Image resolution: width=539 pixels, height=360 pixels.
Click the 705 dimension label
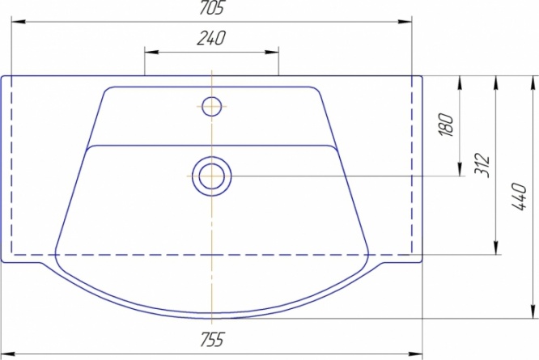(212, 7)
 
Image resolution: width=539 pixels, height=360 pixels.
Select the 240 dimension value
(211, 38)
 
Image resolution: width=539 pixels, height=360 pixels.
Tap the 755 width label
(212, 339)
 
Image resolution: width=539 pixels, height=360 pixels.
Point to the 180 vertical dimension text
(447, 125)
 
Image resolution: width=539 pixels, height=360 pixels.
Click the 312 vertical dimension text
(482, 165)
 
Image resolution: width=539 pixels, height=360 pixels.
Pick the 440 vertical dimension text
(519, 197)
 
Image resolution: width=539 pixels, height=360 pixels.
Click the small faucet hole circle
(212, 106)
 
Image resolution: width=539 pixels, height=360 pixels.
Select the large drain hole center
(212, 176)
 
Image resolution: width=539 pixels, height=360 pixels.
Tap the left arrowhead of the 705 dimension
(19, 22)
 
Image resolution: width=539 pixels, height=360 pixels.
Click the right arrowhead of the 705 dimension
(405, 22)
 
